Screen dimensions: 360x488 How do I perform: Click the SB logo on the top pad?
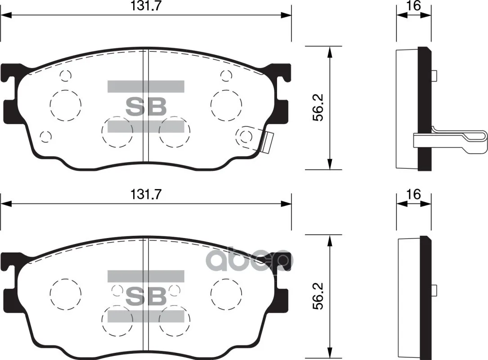146,107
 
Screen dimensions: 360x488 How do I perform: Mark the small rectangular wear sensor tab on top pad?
268,142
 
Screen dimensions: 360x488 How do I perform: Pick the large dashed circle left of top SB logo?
66,105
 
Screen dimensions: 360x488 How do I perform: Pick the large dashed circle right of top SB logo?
227,105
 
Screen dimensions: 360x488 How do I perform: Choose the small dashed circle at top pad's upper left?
66,75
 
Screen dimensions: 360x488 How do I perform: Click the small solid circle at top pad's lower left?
45,136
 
